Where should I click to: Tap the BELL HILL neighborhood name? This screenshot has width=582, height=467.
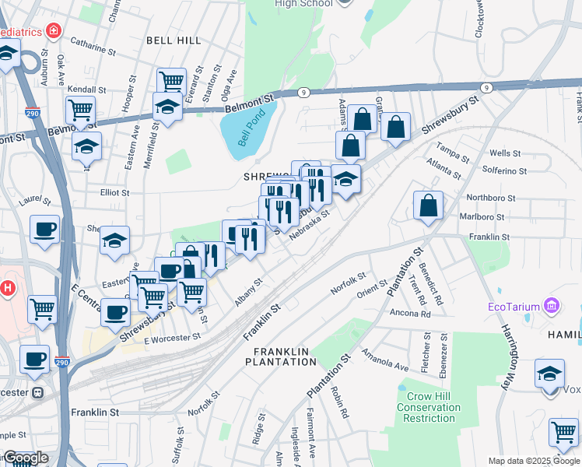[x=174, y=40]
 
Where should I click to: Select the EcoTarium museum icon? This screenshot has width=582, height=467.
[x=552, y=305]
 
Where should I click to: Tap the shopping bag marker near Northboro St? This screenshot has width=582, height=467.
[x=428, y=206]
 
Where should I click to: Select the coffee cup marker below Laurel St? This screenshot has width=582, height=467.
[x=44, y=230]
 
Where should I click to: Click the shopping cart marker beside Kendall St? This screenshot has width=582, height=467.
[x=80, y=110]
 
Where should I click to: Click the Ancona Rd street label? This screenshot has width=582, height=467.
[x=411, y=314]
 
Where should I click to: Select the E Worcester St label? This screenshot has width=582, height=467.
[x=173, y=337]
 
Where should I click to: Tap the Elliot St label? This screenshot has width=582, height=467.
[x=114, y=191]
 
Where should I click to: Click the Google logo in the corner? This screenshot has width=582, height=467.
[x=25, y=458]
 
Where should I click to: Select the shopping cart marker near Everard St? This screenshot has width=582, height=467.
[x=171, y=81]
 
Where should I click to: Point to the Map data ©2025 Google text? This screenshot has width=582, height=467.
[x=534, y=461]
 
